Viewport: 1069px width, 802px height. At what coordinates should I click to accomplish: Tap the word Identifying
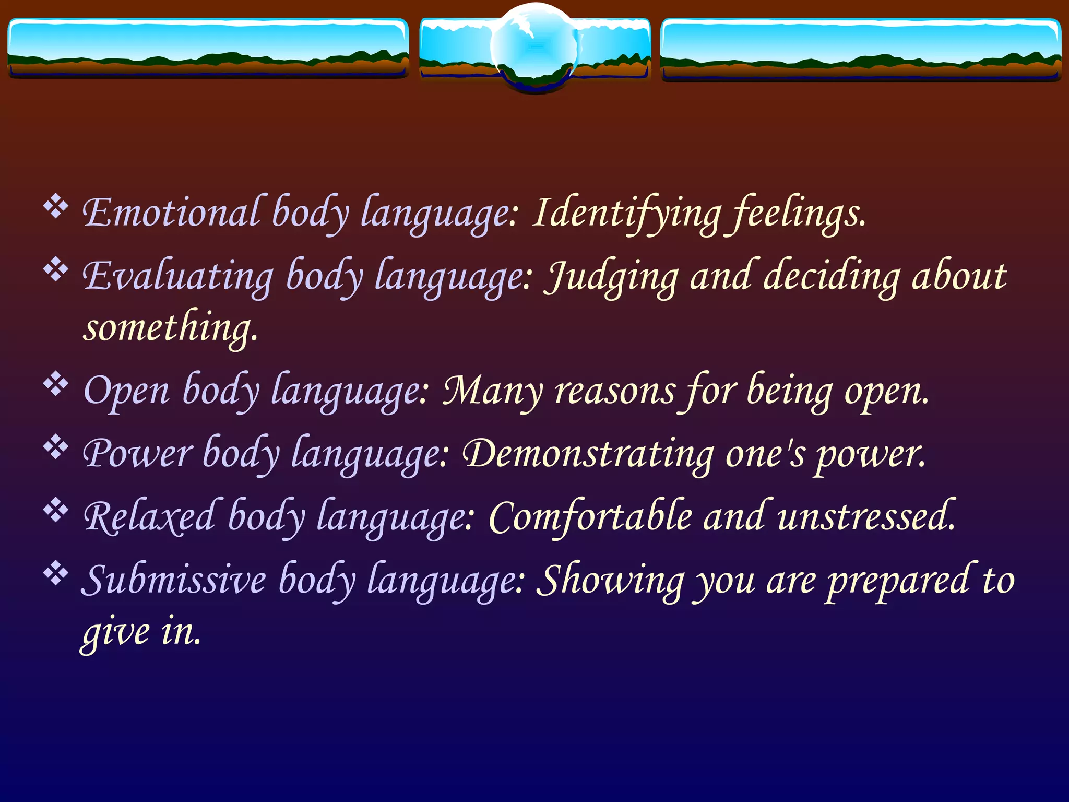[x=626, y=213]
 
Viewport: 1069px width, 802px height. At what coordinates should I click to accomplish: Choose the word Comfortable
[x=590, y=517]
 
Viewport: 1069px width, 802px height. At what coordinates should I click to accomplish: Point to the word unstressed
[x=866, y=517]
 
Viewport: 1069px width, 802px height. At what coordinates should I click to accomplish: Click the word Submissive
[x=174, y=580]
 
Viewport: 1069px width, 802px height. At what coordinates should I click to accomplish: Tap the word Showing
[x=611, y=580]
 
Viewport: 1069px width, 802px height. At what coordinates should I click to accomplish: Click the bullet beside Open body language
[x=55, y=384]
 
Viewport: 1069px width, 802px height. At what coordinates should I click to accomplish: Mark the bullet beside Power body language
[x=55, y=447]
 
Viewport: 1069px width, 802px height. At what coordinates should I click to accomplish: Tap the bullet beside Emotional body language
[x=55, y=207]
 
